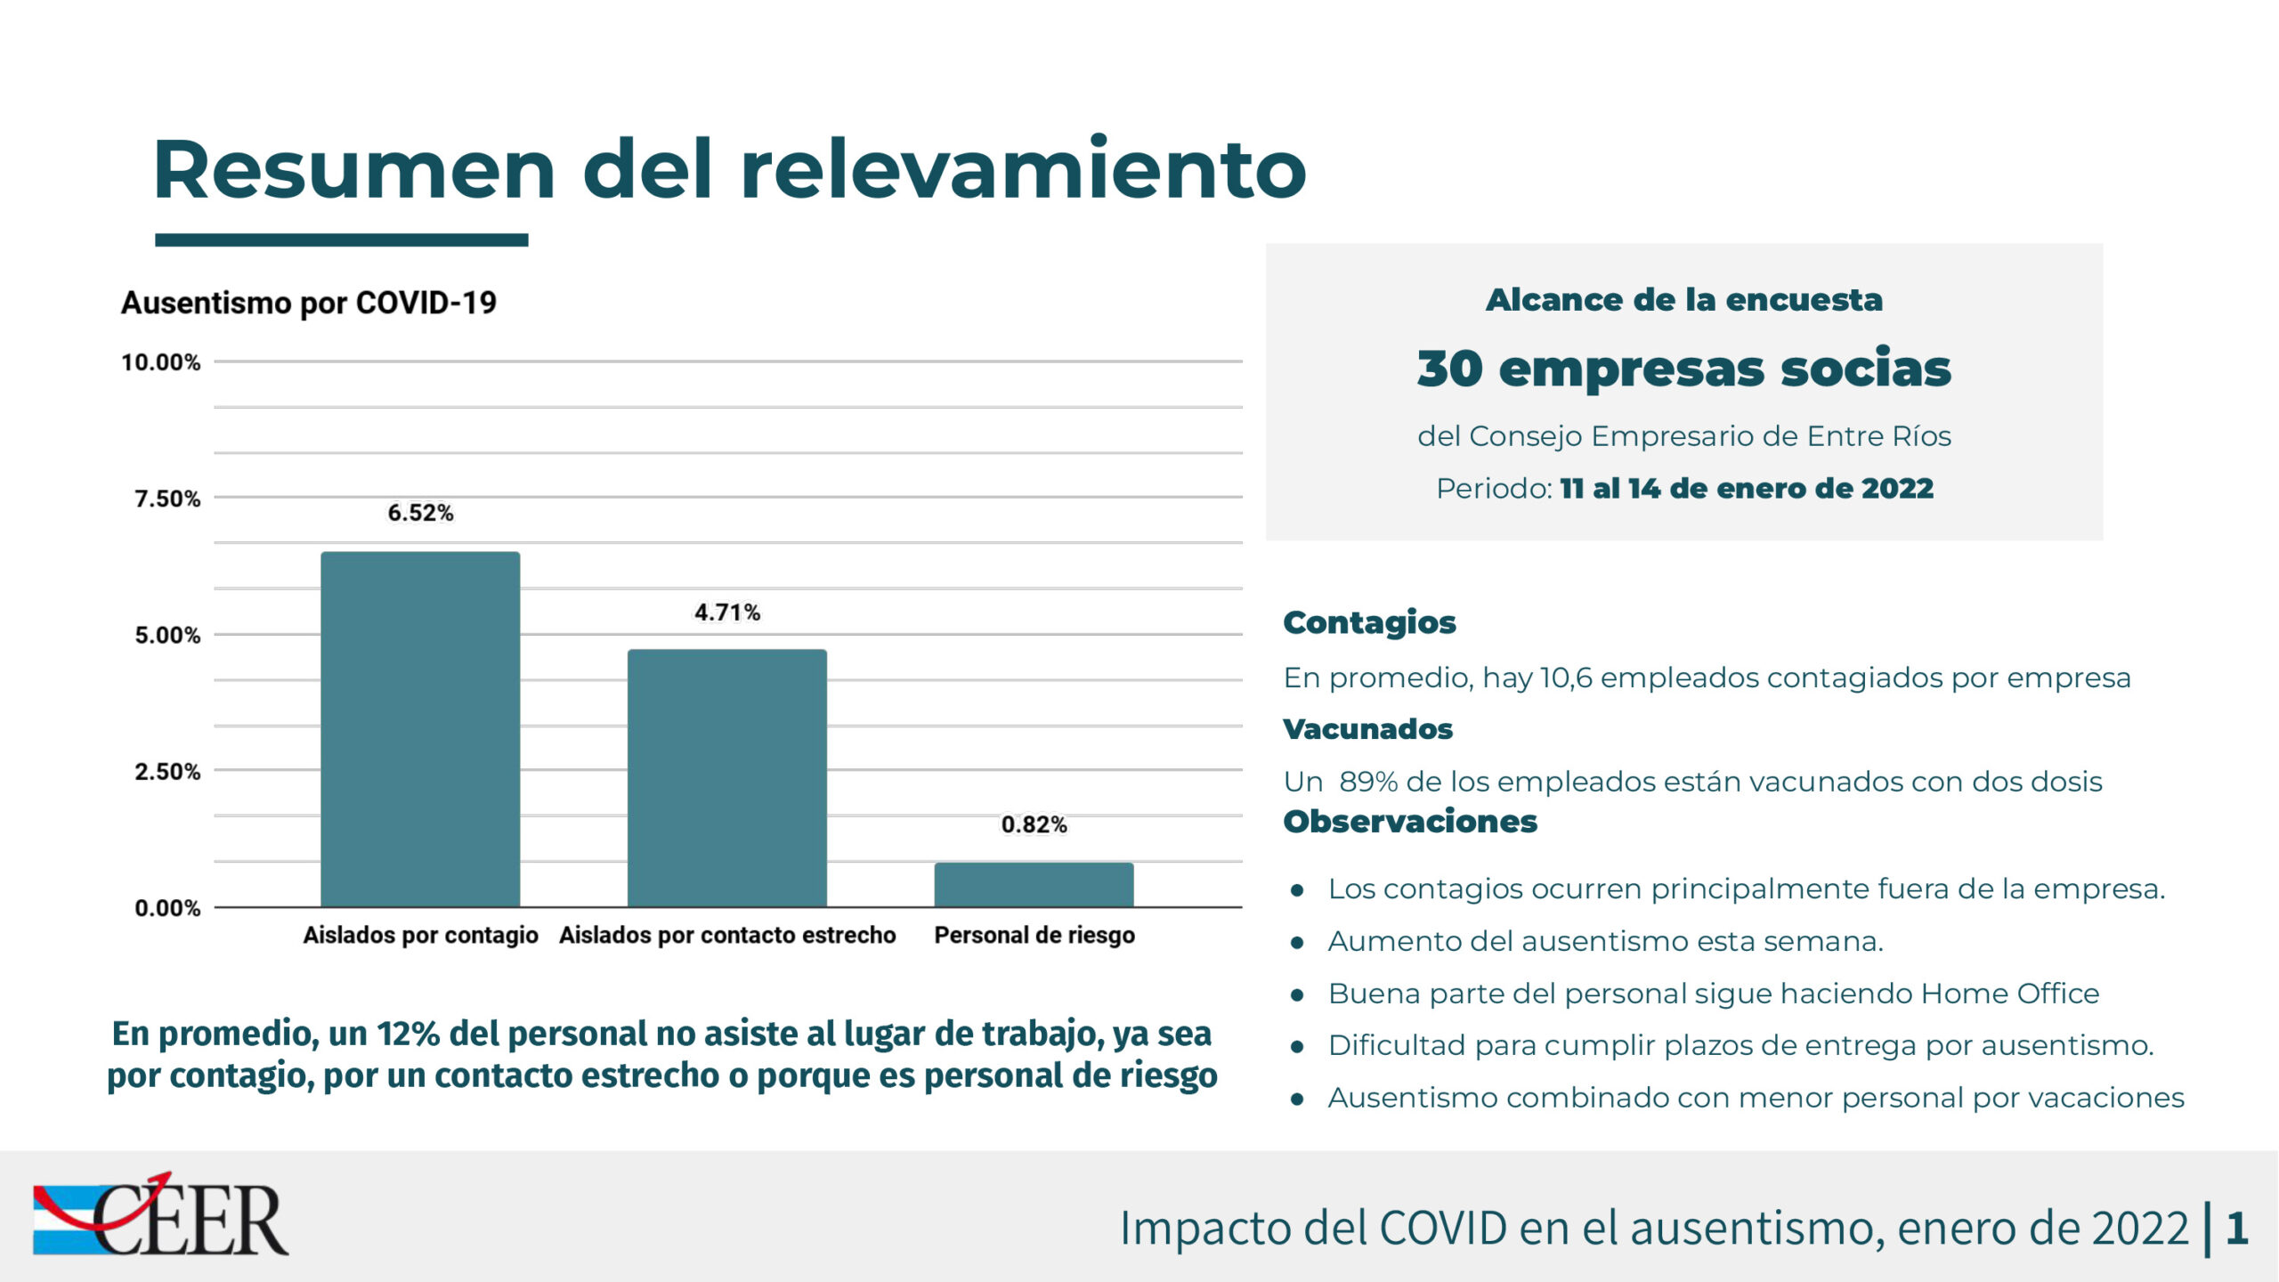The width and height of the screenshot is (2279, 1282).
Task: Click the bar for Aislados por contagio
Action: tap(420, 729)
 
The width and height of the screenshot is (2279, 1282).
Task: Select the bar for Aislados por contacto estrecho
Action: tap(727, 778)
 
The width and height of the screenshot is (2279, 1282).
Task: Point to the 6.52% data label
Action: tap(420, 513)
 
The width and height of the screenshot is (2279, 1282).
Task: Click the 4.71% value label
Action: tap(727, 613)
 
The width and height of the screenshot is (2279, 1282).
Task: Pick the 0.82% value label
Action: tap(1034, 824)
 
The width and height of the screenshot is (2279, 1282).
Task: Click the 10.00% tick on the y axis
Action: tap(161, 362)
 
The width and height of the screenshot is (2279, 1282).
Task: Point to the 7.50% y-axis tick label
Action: tap(167, 499)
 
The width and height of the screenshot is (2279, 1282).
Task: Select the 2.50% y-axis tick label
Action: tap(167, 771)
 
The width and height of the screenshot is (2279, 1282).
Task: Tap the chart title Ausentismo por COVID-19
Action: tap(309, 303)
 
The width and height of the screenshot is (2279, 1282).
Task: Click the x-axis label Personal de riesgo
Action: tap(1034, 935)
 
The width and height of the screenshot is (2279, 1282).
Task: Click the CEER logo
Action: tap(160, 1215)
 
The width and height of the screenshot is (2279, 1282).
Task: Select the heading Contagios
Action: tap(1369, 622)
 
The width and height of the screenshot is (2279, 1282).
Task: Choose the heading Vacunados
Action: tap(1367, 729)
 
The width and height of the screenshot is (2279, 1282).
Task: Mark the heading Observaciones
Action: tap(1410, 821)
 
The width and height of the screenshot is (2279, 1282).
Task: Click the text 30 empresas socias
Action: tap(1683, 368)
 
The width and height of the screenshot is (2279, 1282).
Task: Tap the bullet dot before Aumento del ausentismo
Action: tap(1298, 942)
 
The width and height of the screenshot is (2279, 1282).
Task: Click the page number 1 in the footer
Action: tap(2237, 1228)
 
